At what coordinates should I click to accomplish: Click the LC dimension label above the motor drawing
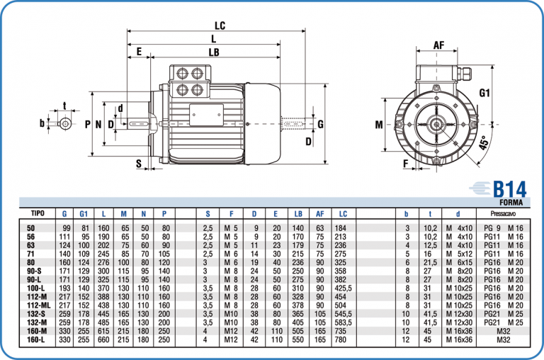(x=220, y=26)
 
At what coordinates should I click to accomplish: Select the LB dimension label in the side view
(x=213, y=52)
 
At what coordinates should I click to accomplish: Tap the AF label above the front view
(x=438, y=45)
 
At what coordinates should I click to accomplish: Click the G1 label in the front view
(x=484, y=94)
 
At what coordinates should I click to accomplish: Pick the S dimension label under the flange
(x=139, y=164)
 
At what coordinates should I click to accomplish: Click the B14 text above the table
(x=509, y=189)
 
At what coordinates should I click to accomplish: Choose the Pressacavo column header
(x=501, y=213)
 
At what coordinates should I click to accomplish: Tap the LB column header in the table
(x=298, y=213)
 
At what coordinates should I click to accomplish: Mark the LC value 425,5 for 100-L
(x=344, y=288)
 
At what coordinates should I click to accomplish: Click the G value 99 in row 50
(x=67, y=228)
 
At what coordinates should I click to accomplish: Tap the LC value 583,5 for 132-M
(x=344, y=322)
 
